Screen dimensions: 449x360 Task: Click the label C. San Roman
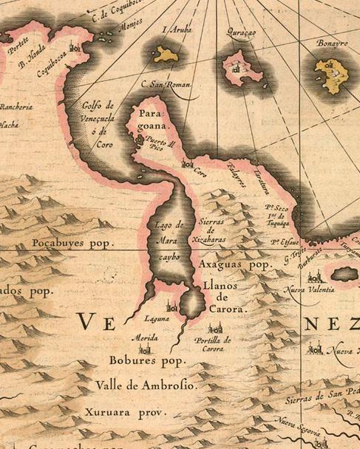click(x=166, y=85)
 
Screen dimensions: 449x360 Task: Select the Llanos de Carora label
click(x=222, y=298)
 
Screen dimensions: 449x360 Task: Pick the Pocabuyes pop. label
click(x=71, y=242)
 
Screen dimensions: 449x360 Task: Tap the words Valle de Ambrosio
click(x=145, y=385)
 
